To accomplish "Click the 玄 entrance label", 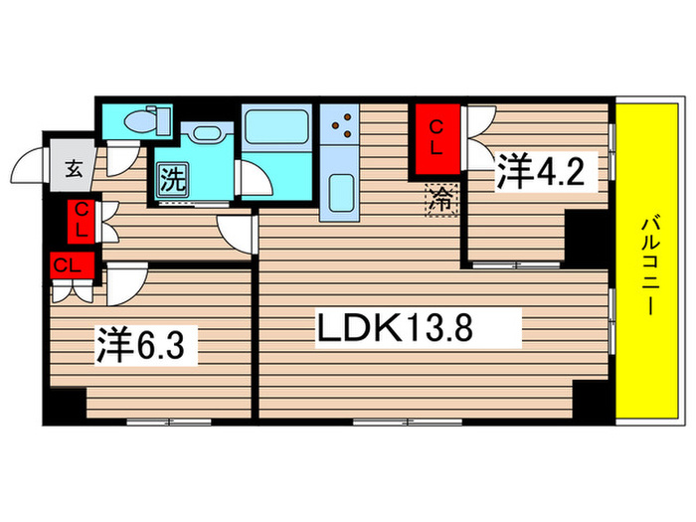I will point(75,167).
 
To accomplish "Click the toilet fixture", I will point(139,122).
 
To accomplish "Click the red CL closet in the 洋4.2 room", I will point(435,133).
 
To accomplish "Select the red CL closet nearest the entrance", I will point(82,219).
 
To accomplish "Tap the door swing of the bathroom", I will point(255,179).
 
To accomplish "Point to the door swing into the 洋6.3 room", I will point(123,282).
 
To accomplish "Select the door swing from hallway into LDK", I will point(239,234).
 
